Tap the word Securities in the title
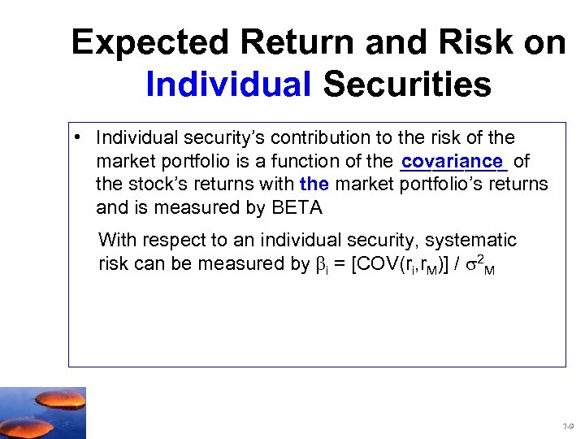[x=407, y=85]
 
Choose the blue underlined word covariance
[x=453, y=161]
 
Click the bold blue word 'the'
[x=314, y=185]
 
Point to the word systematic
[x=471, y=241]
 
